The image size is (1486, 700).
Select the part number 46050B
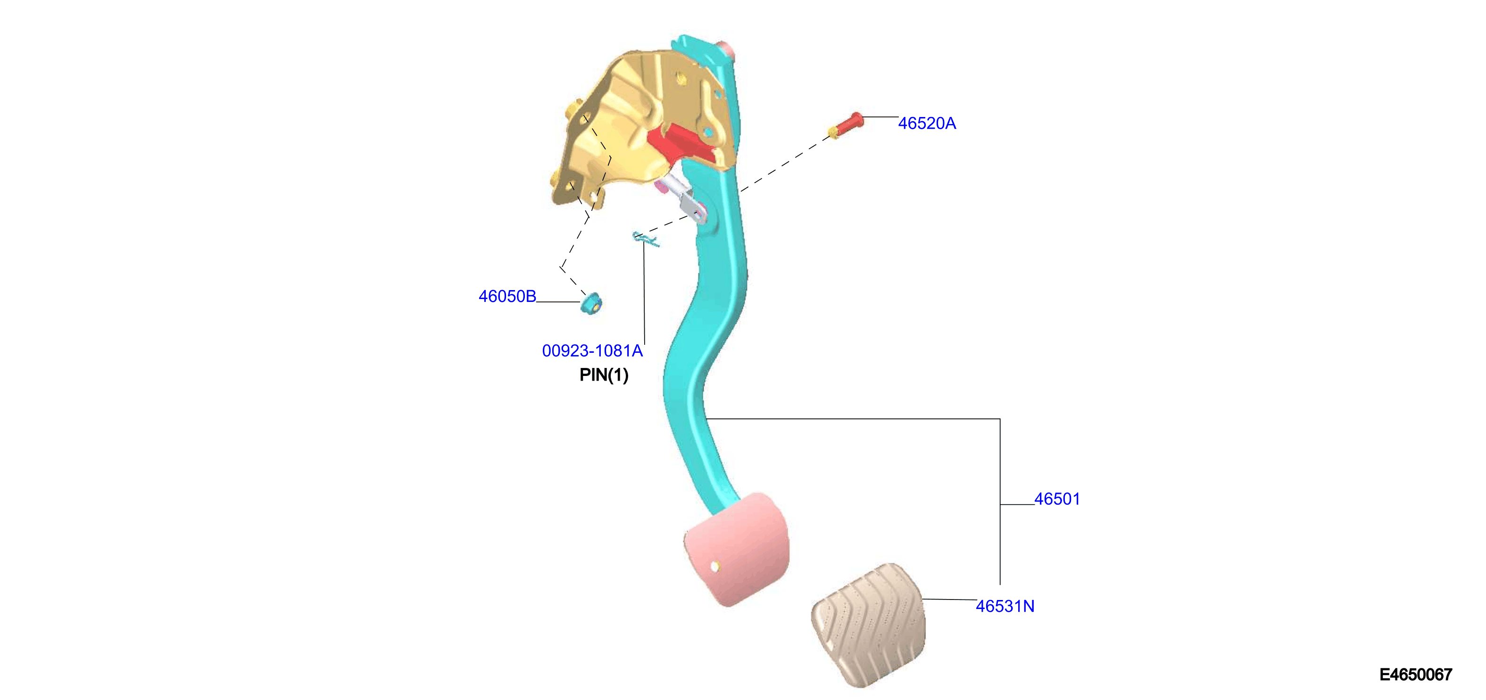click(x=507, y=297)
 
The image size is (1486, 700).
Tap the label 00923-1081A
click(x=592, y=351)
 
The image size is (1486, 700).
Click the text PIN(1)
click(x=603, y=375)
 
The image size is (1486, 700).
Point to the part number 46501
click(x=1057, y=499)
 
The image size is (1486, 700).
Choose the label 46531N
click(x=1005, y=607)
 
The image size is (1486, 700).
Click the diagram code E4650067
click(x=1415, y=675)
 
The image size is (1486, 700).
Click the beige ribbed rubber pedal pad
click(x=868, y=625)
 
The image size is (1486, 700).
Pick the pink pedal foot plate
click(x=736, y=549)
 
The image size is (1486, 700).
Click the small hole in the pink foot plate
click(x=715, y=567)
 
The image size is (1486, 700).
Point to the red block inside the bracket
click(x=681, y=145)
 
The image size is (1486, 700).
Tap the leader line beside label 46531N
click(x=949, y=600)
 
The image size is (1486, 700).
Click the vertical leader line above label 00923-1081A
click(x=644, y=294)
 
